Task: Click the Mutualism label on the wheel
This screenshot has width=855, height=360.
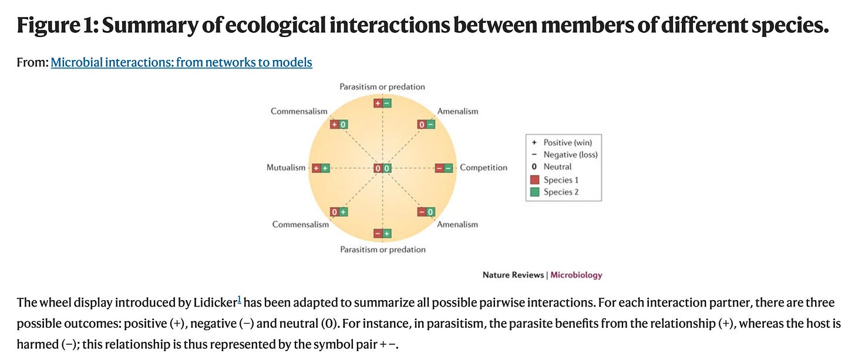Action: pos(286,168)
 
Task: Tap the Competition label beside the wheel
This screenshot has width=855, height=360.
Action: pos(483,168)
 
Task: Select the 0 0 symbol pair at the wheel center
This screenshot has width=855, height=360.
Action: pos(382,169)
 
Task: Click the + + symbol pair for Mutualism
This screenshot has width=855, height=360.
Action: pos(321,169)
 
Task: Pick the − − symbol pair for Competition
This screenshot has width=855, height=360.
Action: pos(444,169)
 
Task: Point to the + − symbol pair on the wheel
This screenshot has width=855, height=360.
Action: pos(382,103)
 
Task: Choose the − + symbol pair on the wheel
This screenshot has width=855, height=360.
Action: pos(382,234)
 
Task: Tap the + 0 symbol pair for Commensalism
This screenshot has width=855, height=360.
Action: pos(339,125)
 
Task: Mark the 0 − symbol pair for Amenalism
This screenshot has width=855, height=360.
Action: pos(426,125)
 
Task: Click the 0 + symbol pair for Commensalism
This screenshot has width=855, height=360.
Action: pos(339,212)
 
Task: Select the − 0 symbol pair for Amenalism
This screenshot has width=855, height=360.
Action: pos(426,212)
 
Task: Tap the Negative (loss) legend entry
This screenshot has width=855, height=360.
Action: pos(570,155)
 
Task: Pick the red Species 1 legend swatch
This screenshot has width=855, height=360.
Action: pos(534,180)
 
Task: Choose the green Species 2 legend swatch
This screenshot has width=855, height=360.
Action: pos(534,192)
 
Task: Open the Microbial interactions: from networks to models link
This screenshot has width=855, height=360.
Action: pos(181,62)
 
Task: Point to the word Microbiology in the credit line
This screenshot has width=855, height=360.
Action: pos(576,275)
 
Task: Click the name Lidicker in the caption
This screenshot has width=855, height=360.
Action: pos(215,302)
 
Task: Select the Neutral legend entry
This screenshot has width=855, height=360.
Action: pos(557,167)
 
